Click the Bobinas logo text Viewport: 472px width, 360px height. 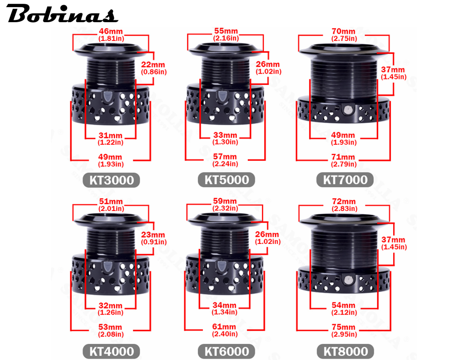point(62,14)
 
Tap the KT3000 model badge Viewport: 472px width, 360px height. point(111,180)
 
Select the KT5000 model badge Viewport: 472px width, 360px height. point(227,180)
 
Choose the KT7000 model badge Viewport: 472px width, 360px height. point(345,180)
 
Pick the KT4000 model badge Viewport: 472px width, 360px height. point(111,351)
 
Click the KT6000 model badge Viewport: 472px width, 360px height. point(227,351)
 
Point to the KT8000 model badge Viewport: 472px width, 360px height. point(346,351)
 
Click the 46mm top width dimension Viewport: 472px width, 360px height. point(111,34)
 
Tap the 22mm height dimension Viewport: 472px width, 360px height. point(153,68)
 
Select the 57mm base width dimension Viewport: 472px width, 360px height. point(225,160)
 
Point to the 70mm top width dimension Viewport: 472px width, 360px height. point(344,34)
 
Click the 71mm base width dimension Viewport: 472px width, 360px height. point(344,160)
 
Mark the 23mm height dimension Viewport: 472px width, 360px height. point(153,238)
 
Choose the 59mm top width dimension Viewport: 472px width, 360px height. point(225,204)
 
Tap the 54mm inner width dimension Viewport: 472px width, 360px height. point(344,309)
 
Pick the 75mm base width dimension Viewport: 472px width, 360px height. point(344,330)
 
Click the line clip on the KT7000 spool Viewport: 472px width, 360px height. point(348,109)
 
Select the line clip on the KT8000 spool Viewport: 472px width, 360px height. point(348,280)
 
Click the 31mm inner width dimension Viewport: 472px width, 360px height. point(110,139)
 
